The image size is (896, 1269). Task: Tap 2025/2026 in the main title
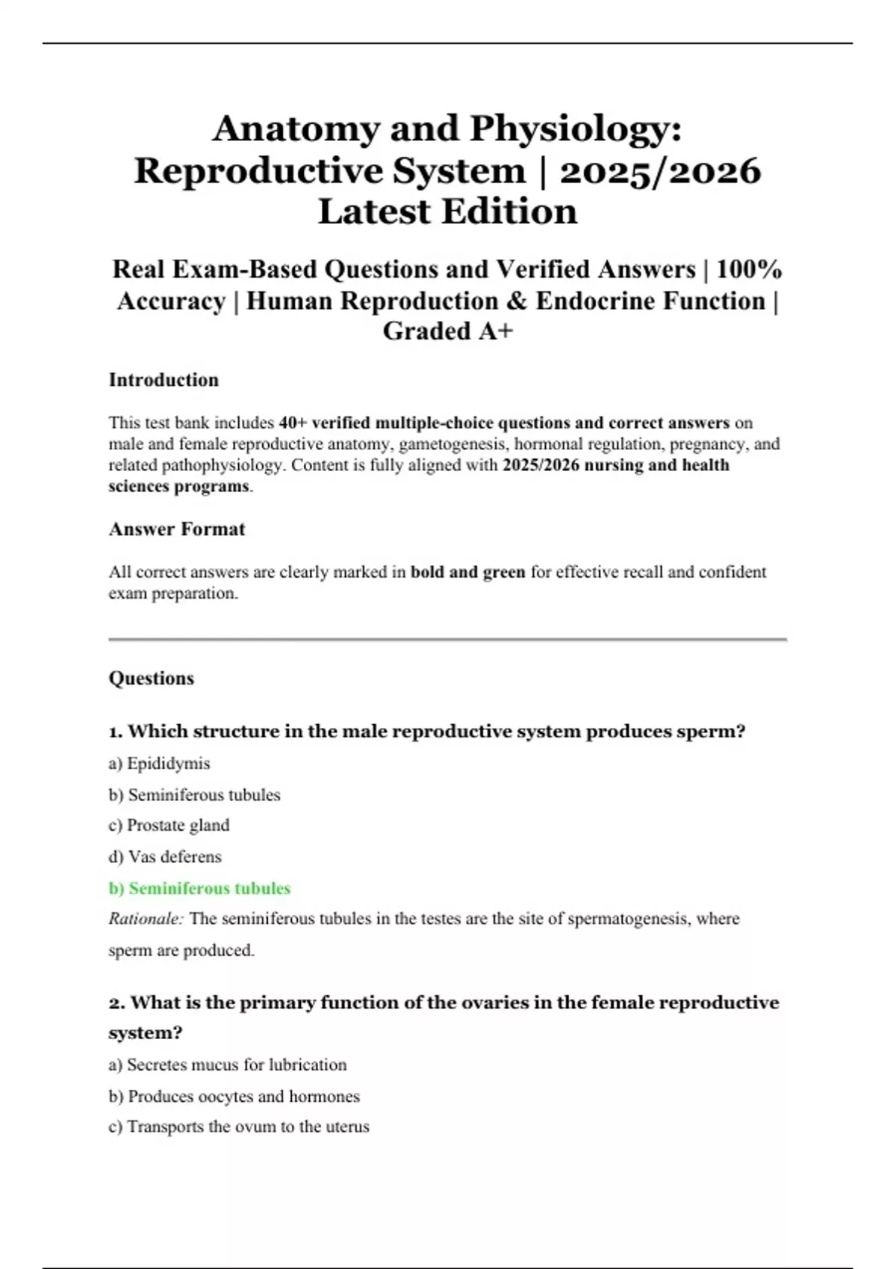[660, 171]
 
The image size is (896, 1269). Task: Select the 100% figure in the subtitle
[749, 269]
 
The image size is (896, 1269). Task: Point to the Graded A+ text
[448, 331]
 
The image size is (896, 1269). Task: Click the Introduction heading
[164, 380]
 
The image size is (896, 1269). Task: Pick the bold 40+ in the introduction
[293, 423]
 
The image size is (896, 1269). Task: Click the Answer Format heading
[177, 529]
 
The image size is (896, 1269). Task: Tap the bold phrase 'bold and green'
[468, 573]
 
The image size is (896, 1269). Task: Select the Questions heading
[152, 679]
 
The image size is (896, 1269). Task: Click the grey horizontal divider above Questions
[448, 640]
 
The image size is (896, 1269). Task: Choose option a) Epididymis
[159, 764]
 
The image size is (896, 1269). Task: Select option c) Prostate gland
[169, 826]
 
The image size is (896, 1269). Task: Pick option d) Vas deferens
[165, 857]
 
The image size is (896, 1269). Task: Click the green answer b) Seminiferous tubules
[199, 888]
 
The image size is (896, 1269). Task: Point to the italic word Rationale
[146, 919]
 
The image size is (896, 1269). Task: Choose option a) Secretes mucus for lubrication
[228, 1065]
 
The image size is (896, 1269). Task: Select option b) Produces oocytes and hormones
[234, 1097]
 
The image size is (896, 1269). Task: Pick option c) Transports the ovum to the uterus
[239, 1127]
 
